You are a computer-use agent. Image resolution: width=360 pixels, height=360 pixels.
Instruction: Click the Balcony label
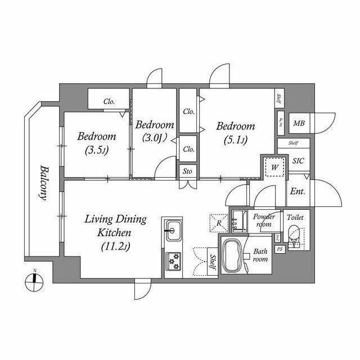(42, 183)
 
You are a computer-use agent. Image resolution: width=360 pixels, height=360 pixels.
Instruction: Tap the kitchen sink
(173, 229)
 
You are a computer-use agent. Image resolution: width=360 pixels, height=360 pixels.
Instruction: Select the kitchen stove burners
(173, 260)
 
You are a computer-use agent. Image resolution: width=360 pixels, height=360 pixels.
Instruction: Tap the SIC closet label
(298, 160)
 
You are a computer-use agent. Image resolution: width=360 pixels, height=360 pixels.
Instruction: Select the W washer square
(274, 167)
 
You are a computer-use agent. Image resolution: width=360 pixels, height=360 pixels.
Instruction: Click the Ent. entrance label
(298, 191)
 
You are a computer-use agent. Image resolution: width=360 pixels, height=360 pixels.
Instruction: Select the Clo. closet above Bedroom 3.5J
(109, 102)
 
